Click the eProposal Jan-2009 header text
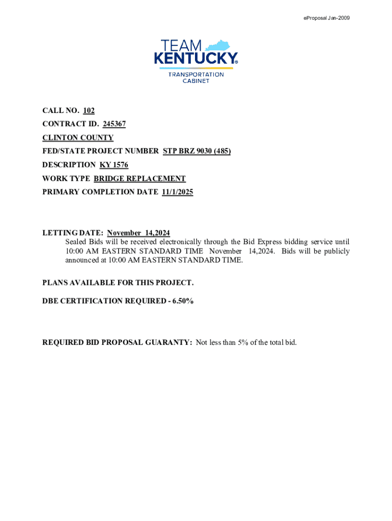(326, 19)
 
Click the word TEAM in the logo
(181, 45)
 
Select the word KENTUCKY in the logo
(195, 59)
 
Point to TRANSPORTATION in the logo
(196, 74)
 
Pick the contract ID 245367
(114, 124)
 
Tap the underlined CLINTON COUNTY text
(78, 137)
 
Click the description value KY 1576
(114, 165)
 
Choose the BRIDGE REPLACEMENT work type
(139, 179)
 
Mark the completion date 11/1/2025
(177, 192)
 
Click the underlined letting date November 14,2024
(138, 233)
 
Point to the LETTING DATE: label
(73, 233)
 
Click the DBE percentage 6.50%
(183, 301)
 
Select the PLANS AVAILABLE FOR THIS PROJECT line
(118, 282)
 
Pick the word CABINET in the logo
(196, 81)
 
